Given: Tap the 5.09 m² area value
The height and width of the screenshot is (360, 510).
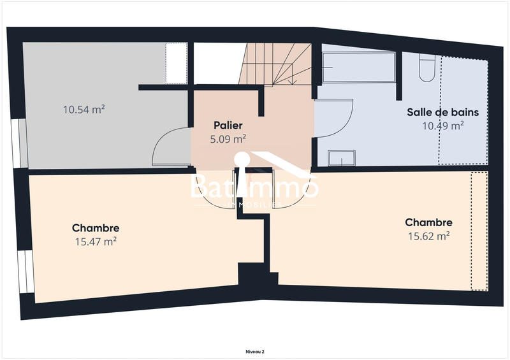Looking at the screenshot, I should click(x=228, y=138).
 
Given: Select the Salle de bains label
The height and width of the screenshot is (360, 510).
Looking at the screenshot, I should click(x=442, y=112).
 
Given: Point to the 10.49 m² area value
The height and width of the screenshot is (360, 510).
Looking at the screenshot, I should click(x=442, y=126).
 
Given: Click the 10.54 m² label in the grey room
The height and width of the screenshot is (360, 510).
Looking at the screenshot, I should click(x=84, y=109).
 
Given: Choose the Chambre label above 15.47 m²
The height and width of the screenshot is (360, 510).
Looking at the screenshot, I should click(x=96, y=227).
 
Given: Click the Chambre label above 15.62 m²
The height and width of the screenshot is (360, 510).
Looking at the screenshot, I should click(x=428, y=222).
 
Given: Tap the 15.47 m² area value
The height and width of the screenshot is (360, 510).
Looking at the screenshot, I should click(x=96, y=241).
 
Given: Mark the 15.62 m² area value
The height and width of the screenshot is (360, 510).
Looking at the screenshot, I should click(x=428, y=236).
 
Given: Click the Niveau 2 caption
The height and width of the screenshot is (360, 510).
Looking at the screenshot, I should click(x=255, y=351).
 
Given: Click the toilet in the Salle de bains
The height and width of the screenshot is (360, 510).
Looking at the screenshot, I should click(x=427, y=68).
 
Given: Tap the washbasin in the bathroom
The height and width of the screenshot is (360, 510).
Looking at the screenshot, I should click(x=341, y=158).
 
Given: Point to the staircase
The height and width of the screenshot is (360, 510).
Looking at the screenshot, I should click(x=275, y=64).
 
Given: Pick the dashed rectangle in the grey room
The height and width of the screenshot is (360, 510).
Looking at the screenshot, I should click(x=175, y=62).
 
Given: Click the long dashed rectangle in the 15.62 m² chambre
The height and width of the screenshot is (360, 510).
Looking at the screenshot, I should click(x=479, y=231).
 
